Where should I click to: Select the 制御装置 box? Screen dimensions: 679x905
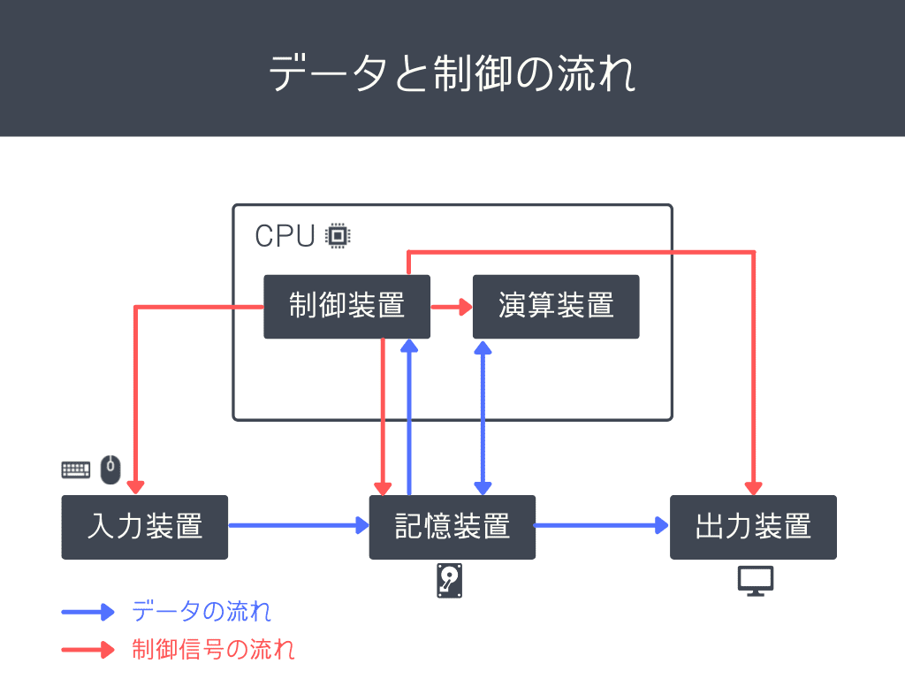(x=346, y=306)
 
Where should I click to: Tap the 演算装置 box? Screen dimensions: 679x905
(x=555, y=306)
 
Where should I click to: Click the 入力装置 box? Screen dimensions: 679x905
(x=144, y=527)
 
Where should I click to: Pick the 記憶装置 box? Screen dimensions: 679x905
(x=452, y=527)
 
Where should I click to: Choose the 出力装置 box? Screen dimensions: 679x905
(x=753, y=527)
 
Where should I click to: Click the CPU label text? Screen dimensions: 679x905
(x=285, y=236)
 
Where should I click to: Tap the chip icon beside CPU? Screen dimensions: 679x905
(x=337, y=236)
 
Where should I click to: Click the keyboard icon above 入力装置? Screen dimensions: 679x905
(x=76, y=469)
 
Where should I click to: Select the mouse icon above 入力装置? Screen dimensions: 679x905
(x=110, y=469)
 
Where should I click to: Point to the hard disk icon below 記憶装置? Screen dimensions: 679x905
(x=450, y=581)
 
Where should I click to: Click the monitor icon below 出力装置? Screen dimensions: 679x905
(x=756, y=580)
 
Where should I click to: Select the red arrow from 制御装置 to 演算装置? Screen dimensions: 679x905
(x=451, y=307)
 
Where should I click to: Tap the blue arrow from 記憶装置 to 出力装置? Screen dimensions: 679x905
(x=601, y=526)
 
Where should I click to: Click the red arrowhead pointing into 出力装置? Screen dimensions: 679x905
(x=753, y=487)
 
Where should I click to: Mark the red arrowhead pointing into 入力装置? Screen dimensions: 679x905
(x=134, y=487)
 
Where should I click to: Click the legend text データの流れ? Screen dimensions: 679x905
(x=202, y=611)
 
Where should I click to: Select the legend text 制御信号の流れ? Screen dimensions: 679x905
(x=213, y=650)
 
